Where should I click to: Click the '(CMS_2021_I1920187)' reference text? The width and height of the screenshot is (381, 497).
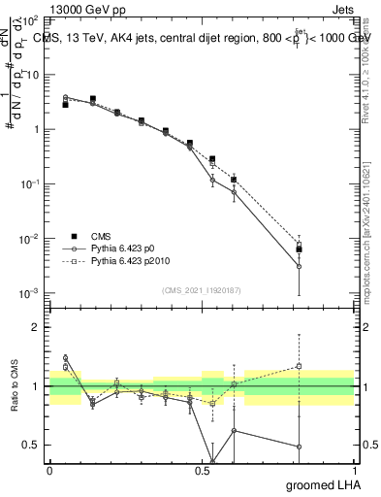(202, 288)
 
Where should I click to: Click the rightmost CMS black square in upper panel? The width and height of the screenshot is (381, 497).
(300, 249)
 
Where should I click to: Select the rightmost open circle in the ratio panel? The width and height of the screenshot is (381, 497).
(300, 447)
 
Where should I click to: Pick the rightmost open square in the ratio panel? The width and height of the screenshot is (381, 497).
(300, 366)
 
